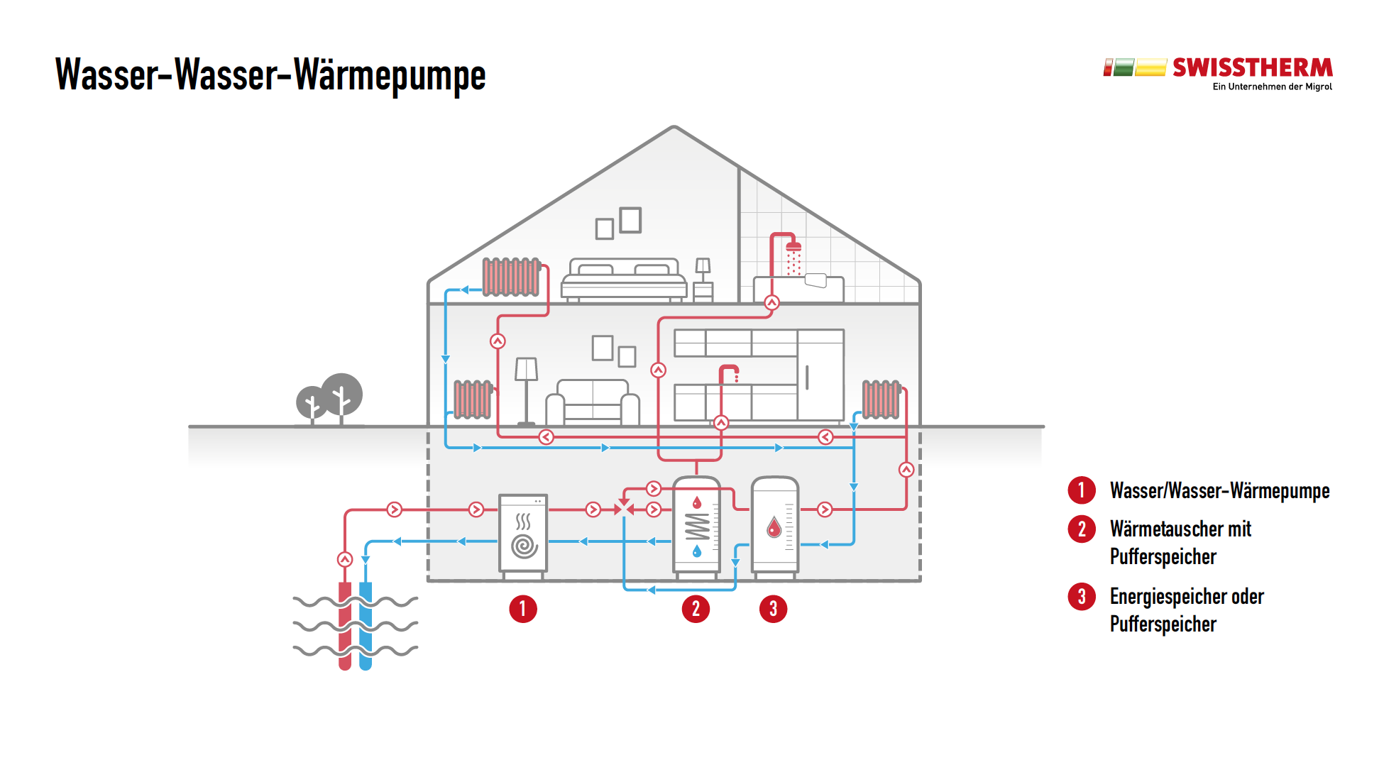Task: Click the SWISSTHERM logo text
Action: pos(1252,68)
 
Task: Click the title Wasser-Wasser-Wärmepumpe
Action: pos(270,75)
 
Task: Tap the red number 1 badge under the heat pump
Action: pos(523,609)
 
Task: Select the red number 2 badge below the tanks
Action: pos(696,609)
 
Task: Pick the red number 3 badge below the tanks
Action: pos(773,609)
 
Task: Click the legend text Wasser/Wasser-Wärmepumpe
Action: pos(1219,491)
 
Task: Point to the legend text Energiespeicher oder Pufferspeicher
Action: pos(1187,610)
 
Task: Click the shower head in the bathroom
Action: pos(793,247)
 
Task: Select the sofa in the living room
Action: pos(593,403)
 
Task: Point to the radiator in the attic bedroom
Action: pos(511,277)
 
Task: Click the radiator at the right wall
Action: pos(881,399)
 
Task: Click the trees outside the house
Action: pos(330,397)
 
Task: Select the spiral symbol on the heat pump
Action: pos(524,546)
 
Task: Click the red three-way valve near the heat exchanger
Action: pos(624,509)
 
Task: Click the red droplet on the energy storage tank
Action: pos(774,527)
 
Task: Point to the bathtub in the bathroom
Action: pos(798,288)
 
